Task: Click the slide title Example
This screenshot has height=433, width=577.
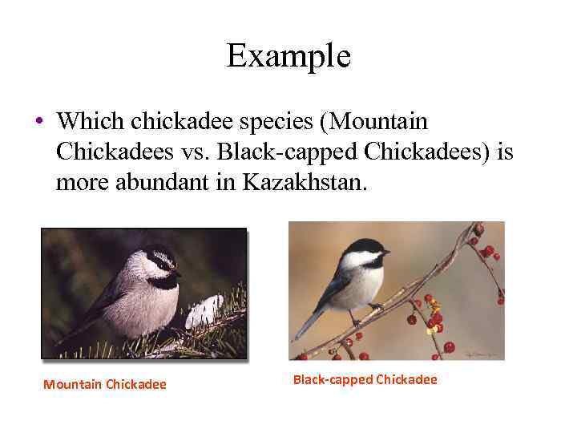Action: (288, 56)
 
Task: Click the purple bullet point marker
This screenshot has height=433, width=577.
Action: (39, 122)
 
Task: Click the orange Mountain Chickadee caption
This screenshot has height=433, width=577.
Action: (105, 384)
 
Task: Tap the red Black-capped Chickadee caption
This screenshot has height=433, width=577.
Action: (365, 379)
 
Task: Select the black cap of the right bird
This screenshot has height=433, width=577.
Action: (365, 245)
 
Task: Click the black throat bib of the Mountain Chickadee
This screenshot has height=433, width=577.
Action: (164, 281)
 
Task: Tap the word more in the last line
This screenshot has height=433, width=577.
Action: (79, 183)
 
